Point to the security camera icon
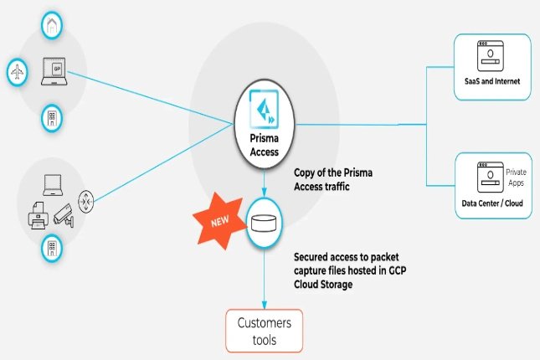point(63,216)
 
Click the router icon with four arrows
point(85,202)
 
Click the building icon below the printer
point(52,246)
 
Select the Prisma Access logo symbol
point(265,111)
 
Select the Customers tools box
point(264,329)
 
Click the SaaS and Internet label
point(492,82)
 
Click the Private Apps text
point(516,176)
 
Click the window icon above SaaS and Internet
point(488,57)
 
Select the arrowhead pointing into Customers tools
point(265,304)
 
